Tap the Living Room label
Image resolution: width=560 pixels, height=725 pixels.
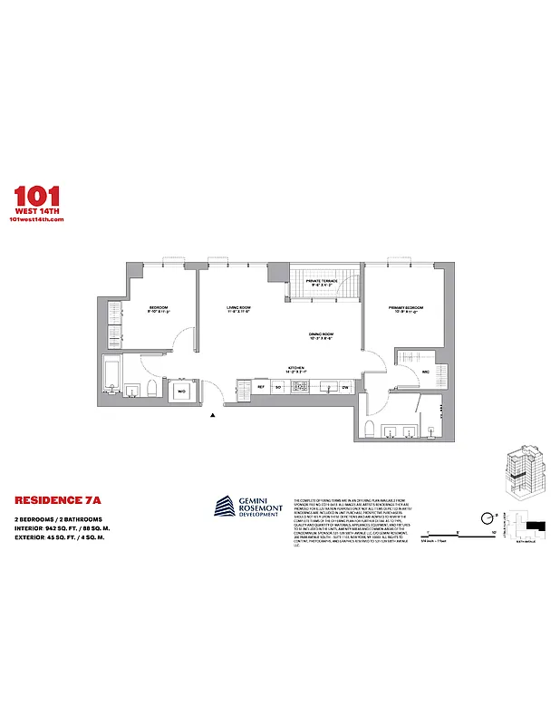pyautogui.click(x=238, y=309)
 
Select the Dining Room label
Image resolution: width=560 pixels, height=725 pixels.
pyautogui.click(x=321, y=335)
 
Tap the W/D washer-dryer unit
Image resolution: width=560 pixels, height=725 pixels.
pyautogui.click(x=181, y=391)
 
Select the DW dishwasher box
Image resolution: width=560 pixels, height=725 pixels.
pyautogui.click(x=345, y=388)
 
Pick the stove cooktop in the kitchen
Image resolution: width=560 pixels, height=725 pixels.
pyautogui.click(x=303, y=388)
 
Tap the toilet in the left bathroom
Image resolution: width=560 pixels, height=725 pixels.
pyautogui.click(x=152, y=390)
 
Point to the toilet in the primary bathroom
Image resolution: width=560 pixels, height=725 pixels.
pyautogui.click(x=369, y=428)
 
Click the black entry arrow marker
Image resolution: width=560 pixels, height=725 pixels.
pyautogui.click(x=213, y=415)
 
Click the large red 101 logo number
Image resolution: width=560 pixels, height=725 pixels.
pyautogui.click(x=37, y=196)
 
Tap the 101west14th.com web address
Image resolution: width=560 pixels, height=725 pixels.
pyautogui.click(x=37, y=222)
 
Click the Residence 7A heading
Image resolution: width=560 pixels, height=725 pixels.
pyautogui.click(x=51, y=499)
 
